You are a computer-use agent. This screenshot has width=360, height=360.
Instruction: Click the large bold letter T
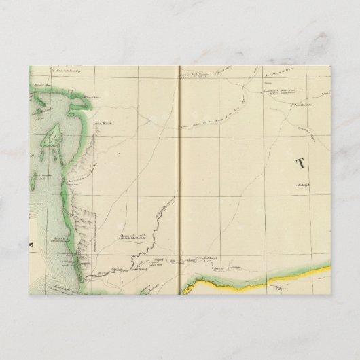pos(300,162)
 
